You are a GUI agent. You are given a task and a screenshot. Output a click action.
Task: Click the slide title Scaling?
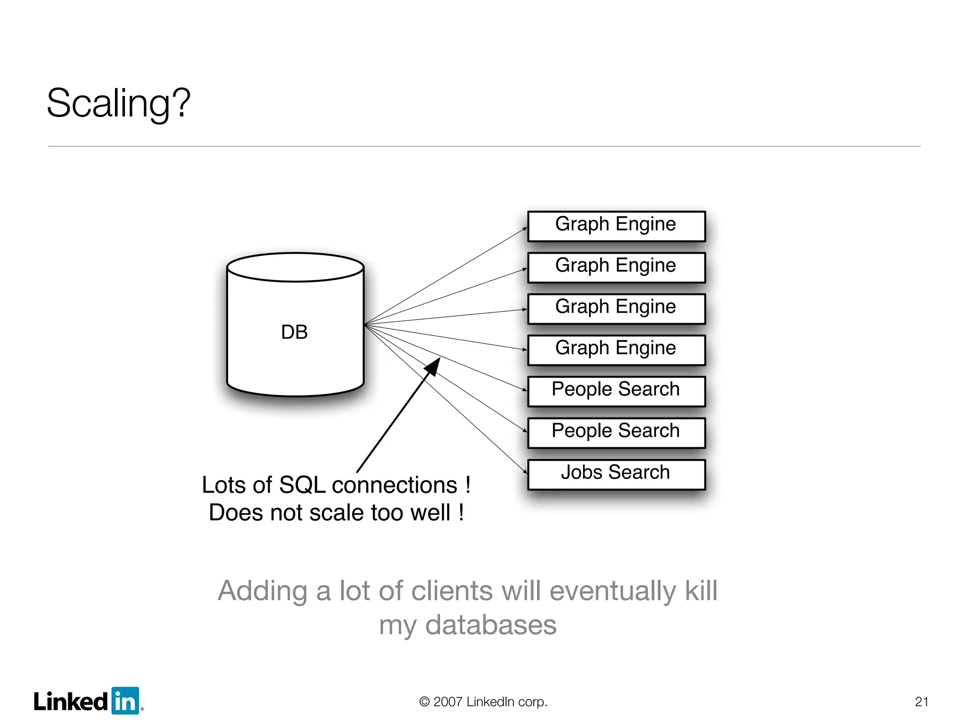(x=118, y=103)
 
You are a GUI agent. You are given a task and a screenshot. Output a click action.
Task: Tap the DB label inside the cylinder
(x=294, y=332)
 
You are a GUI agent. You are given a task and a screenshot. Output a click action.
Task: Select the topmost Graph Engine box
(x=616, y=226)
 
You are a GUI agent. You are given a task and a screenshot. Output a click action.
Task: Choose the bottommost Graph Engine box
(x=616, y=350)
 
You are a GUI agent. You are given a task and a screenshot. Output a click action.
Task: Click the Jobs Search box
(x=616, y=474)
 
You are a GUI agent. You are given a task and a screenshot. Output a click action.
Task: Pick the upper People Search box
(x=616, y=391)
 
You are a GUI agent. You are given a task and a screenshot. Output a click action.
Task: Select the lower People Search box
(x=616, y=432)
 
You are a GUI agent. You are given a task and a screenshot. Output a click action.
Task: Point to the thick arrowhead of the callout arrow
(x=433, y=366)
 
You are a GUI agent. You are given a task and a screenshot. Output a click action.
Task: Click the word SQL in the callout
(x=302, y=485)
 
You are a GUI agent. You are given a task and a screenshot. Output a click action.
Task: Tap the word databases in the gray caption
(x=491, y=625)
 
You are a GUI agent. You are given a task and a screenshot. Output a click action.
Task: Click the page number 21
(x=921, y=701)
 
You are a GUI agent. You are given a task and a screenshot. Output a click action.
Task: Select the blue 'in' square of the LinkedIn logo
(x=125, y=701)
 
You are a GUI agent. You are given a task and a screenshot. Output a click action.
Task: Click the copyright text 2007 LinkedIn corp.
(x=484, y=701)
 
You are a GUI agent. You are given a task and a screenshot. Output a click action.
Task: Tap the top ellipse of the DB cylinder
(x=295, y=267)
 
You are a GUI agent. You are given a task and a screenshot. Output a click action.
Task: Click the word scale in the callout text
(x=338, y=513)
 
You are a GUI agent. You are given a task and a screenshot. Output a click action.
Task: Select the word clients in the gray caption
(x=452, y=591)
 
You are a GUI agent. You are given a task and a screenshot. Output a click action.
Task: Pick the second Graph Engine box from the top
(x=616, y=267)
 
